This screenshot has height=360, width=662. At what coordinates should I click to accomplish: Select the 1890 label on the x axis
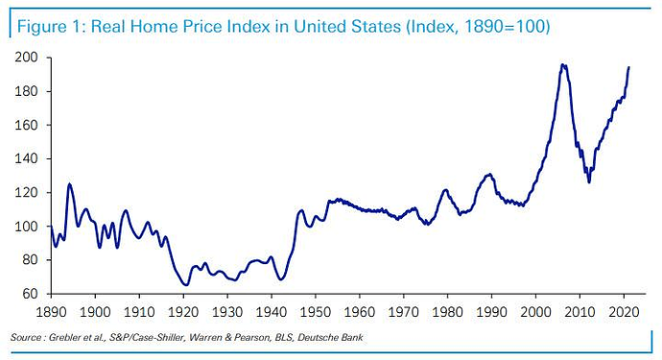click(x=50, y=312)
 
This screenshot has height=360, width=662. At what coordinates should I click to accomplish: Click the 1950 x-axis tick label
click(x=315, y=312)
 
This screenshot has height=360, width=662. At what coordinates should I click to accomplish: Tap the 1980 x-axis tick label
click(x=448, y=312)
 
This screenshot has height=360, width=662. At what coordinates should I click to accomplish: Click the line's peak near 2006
click(x=563, y=65)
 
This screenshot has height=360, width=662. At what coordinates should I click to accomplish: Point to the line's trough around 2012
click(x=589, y=182)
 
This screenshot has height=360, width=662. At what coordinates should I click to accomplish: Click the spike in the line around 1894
click(x=69, y=183)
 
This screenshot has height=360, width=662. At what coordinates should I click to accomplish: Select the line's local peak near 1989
click(x=489, y=175)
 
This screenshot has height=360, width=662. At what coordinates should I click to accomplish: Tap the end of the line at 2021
click(x=628, y=67)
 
